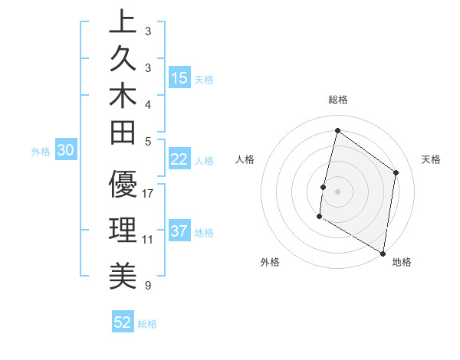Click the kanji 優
point(123,185)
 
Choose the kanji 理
point(123,231)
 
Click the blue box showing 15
point(179,78)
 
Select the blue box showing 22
point(179,159)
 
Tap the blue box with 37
point(179,231)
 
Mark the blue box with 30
point(65,151)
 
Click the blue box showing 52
point(123,322)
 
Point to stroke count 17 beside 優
point(148,194)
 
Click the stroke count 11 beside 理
point(148,240)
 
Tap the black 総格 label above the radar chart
point(337,100)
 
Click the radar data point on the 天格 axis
point(396,172)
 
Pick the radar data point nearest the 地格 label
point(383,253)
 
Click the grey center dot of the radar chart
point(337,191)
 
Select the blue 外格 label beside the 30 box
point(41,152)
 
